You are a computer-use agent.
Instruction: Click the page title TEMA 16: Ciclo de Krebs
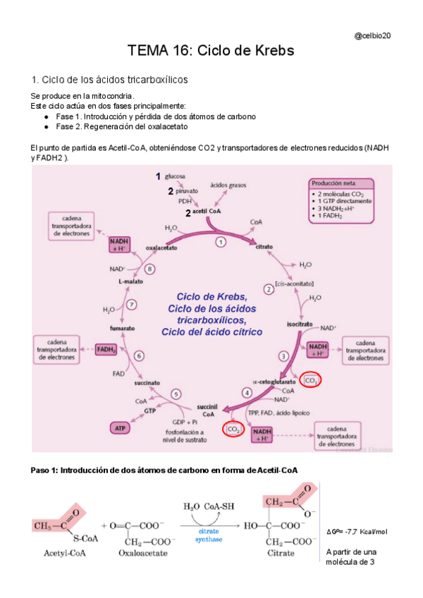tap(210, 51)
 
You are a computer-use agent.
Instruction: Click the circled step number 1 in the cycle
tap(220, 242)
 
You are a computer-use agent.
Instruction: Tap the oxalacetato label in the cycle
tap(161, 249)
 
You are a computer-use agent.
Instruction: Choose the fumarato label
tap(122, 329)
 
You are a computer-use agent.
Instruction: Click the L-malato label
tap(130, 282)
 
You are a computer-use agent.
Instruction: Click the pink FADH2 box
tap(106, 349)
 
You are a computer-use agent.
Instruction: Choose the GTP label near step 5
tap(149, 410)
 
